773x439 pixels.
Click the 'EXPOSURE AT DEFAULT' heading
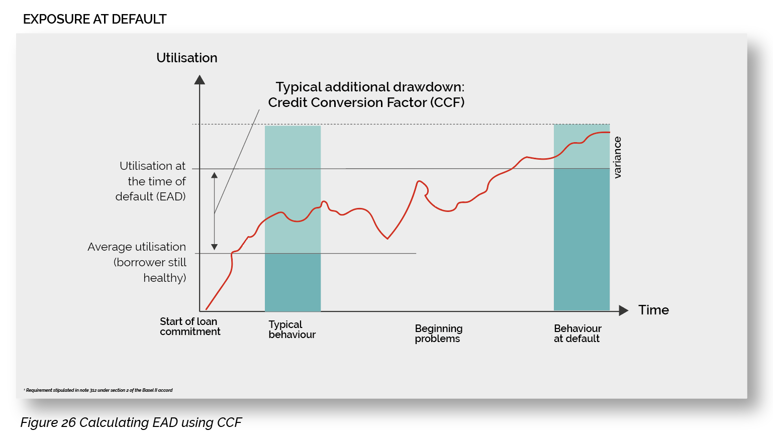(94, 19)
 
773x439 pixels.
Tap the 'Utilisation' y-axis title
(186, 58)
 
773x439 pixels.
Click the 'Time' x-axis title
(653, 310)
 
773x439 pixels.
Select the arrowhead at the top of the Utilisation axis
(200, 80)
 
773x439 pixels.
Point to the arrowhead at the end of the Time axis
(624, 310)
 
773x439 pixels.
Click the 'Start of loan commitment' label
(189, 326)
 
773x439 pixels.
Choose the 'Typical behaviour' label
(292, 330)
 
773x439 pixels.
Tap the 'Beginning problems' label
(438, 334)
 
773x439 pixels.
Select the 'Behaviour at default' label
(577, 334)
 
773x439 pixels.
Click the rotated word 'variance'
(618, 157)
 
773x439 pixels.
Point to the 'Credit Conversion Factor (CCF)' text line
(366, 102)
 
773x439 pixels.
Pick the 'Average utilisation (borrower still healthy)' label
(137, 262)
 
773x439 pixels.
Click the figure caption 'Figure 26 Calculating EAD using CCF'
(131, 422)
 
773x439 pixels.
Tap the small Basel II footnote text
(99, 390)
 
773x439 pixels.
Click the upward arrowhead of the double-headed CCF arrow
(215, 175)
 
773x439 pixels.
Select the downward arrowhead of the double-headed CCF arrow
(215, 247)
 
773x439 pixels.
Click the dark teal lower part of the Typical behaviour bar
(293, 282)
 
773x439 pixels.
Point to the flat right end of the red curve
(603, 132)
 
